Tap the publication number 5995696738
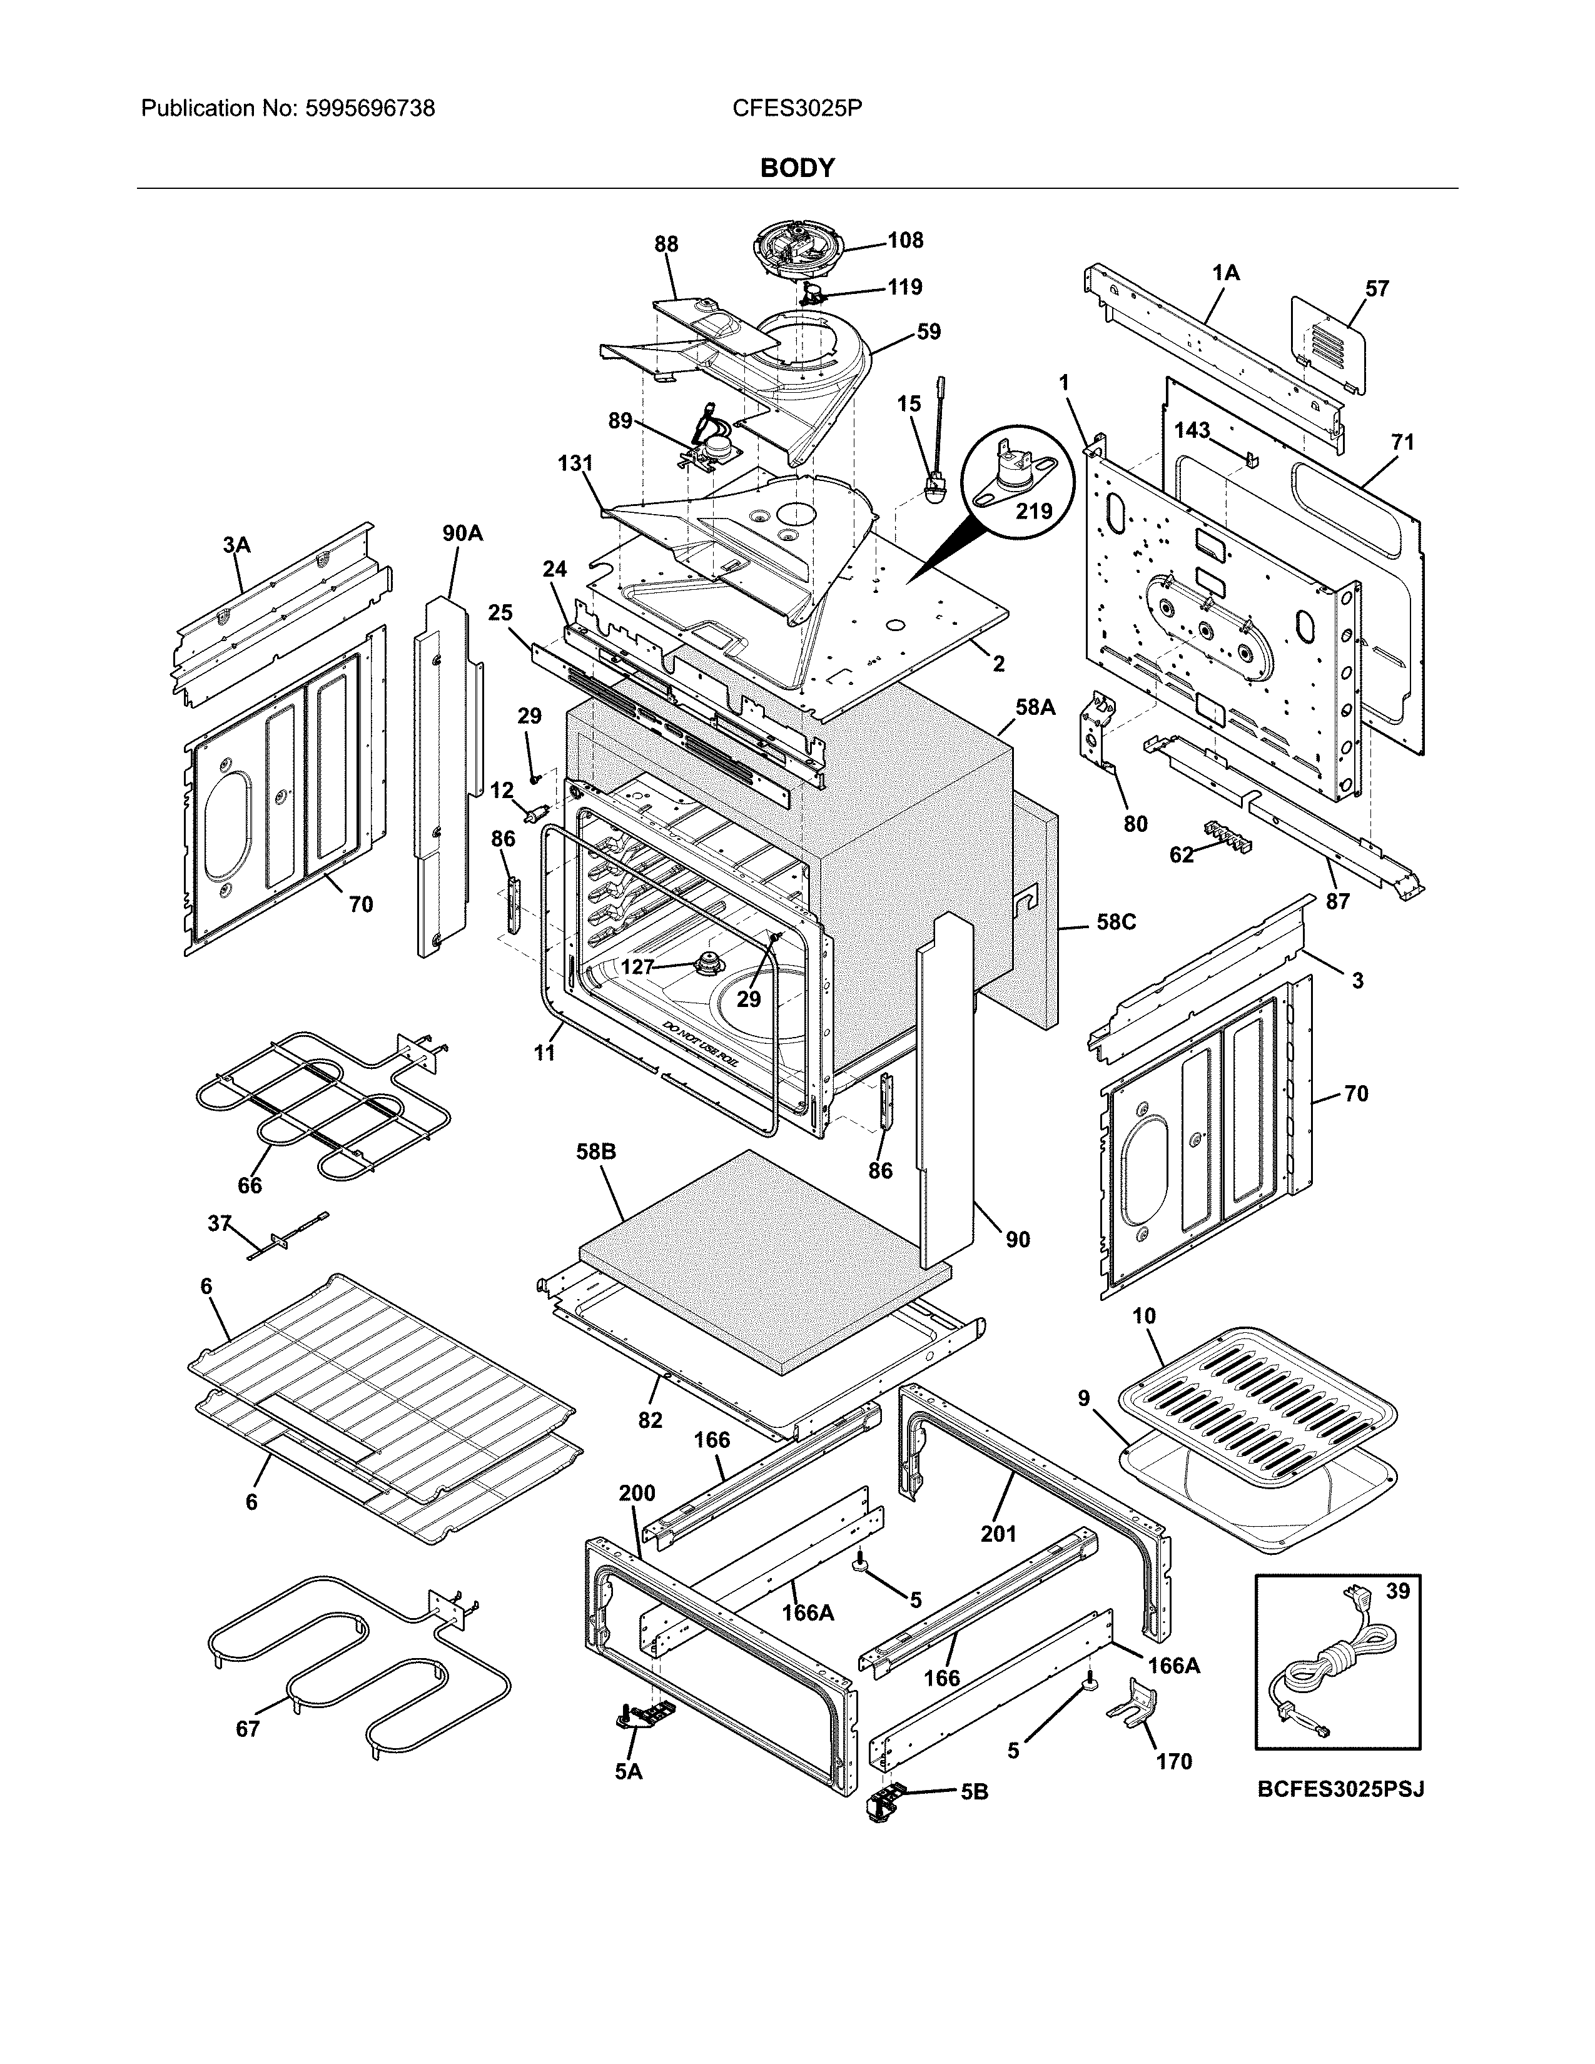pos(370,109)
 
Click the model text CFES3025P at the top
pos(796,109)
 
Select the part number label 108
pos(904,240)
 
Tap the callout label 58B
pos(595,1152)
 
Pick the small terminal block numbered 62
pos(1227,836)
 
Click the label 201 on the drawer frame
pos(998,1533)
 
